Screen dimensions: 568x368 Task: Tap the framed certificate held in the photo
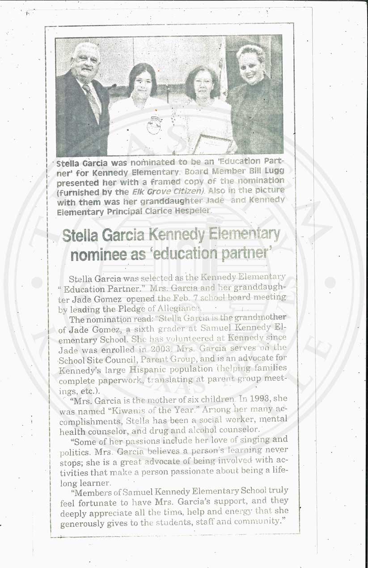coord(212,144)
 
